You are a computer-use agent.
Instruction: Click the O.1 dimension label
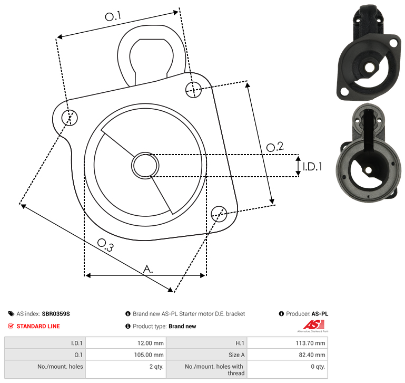(x=113, y=16)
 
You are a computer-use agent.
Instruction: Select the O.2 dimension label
(x=275, y=147)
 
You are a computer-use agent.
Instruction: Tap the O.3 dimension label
(x=105, y=245)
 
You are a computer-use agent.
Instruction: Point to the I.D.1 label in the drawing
(x=312, y=167)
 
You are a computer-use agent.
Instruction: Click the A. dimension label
(x=148, y=269)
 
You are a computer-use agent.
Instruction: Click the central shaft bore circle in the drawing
(x=145, y=165)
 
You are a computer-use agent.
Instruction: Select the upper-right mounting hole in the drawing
(x=193, y=90)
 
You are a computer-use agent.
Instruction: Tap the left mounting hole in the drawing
(x=70, y=118)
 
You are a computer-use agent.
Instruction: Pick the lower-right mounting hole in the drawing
(x=219, y=214)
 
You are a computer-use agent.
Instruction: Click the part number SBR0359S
(x=56, y=314)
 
